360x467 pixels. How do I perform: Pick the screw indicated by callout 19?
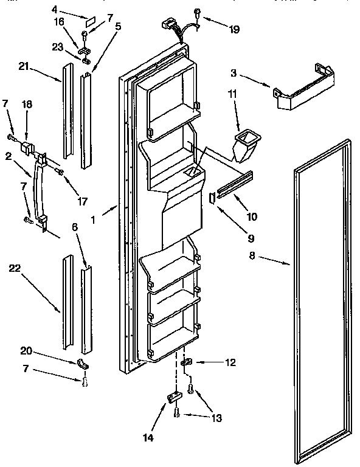click(198, 13)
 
